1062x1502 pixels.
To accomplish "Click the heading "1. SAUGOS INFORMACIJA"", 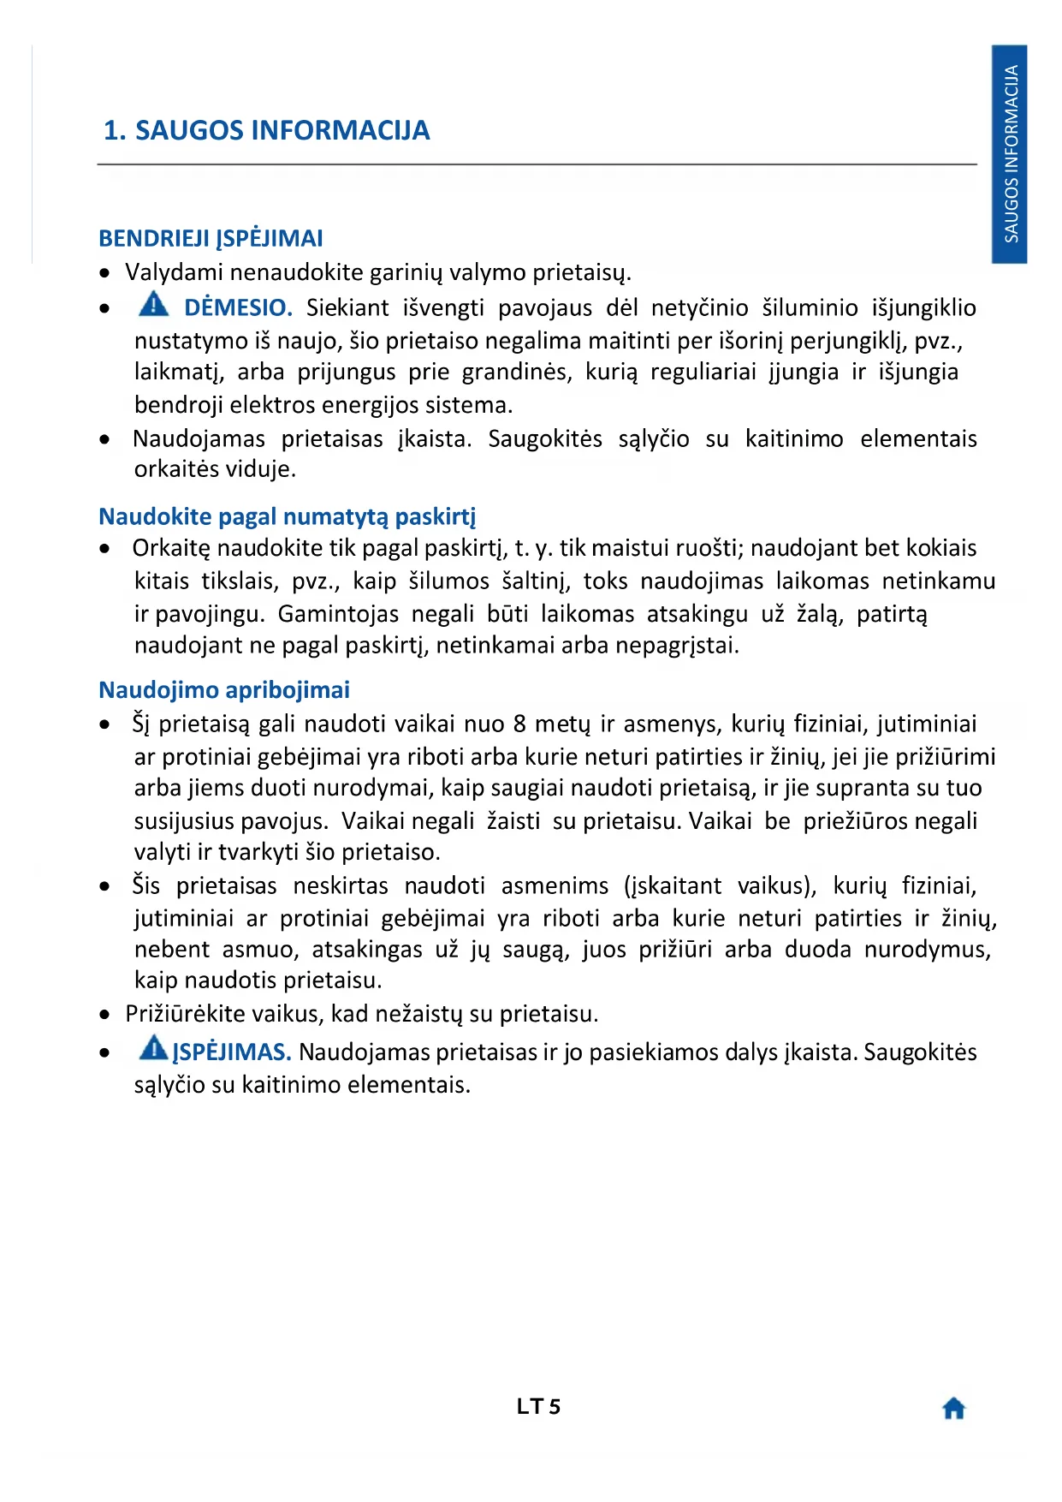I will tap(266, 130).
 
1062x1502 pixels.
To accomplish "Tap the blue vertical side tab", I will tap(1010, 154).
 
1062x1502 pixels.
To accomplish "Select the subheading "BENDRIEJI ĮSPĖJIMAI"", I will tap(211, 238).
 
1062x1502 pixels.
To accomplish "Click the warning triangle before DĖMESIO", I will tap(153, 304).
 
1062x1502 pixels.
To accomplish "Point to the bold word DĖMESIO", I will tap(238, 307).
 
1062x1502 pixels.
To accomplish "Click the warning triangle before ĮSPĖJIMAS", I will tap(153, 1048).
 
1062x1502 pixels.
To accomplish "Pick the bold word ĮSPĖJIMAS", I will tap(232, 1052).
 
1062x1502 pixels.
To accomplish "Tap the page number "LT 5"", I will tap(538, 1407).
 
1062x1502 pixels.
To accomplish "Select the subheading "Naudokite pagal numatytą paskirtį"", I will tap(287, 516).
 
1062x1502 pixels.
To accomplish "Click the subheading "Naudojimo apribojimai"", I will tap(224, 690).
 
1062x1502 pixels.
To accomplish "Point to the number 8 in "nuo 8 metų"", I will tap(519, 724).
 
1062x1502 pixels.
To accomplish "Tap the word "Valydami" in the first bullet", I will tap(174, 272).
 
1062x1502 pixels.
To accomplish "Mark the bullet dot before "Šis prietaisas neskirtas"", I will tap(104, 886).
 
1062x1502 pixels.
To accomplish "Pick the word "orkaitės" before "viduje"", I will tap(175, 469).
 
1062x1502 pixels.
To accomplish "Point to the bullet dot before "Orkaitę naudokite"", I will tap(104, 549).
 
